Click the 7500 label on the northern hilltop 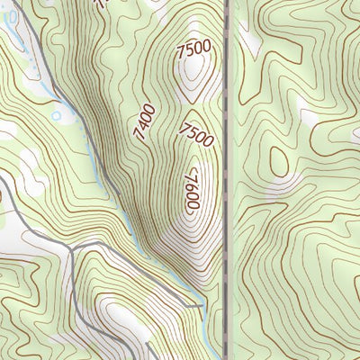click(195, 48)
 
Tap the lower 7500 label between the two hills click(196, 135)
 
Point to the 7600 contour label click(192, 193)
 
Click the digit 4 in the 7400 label click(141, 126)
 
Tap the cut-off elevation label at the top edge click(101, 4)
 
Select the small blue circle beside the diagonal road click(56, 115)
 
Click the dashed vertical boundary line click(225, 180)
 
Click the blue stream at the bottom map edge click(209, 356)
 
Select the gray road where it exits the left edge click(3, 178)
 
